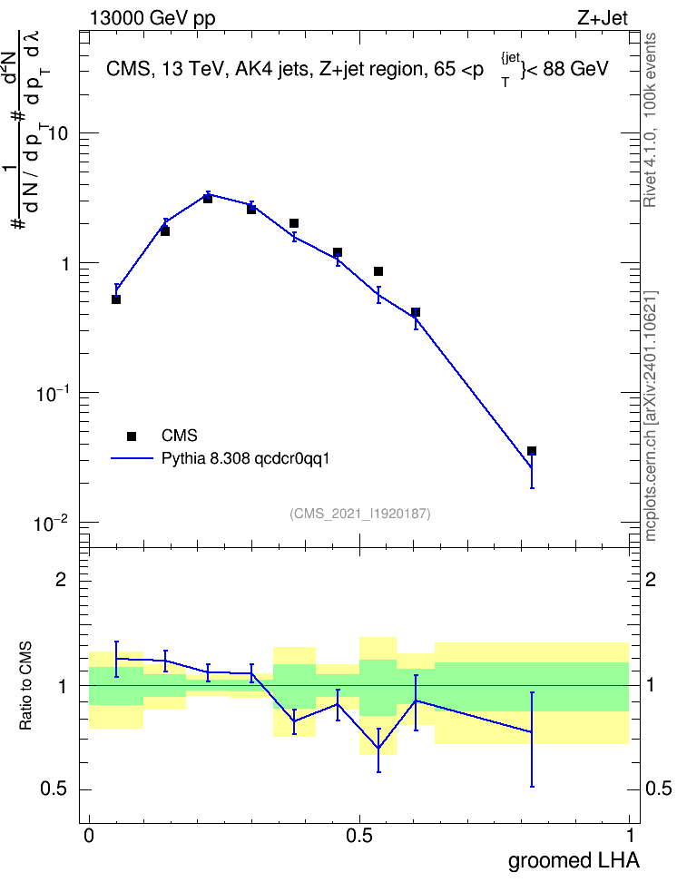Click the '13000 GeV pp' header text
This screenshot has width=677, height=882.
[x=152, y=18]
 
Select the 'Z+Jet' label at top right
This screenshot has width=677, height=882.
[x=603, y=18]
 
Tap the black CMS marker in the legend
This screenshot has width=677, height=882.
[x=132, y=436]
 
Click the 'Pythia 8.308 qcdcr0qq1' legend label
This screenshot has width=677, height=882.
[x=245, y=459]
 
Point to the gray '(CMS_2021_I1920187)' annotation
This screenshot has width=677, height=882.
[x=360, y=514]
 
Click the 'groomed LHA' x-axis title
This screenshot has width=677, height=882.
[x=574, y=861]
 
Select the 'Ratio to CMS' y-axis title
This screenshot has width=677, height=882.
[x=26, y=686]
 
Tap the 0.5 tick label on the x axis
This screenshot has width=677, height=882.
[x=359, y=836]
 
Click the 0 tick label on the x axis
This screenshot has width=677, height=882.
[x=89, y=836]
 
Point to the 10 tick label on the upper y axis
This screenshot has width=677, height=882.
[x=58, y=134]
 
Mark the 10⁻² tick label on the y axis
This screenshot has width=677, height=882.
[x=51, y=524]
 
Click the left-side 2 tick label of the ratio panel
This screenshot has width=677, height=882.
[x=61, y=579]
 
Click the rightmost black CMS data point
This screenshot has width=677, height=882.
[x=532, y=451]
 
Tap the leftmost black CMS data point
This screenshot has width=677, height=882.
[x=116, y=299]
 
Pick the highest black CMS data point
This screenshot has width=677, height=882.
[x=208, y=199]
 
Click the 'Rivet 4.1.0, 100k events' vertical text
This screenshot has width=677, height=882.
[x=650, y=120]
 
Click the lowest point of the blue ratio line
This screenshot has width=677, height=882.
[x=378, y=749]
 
